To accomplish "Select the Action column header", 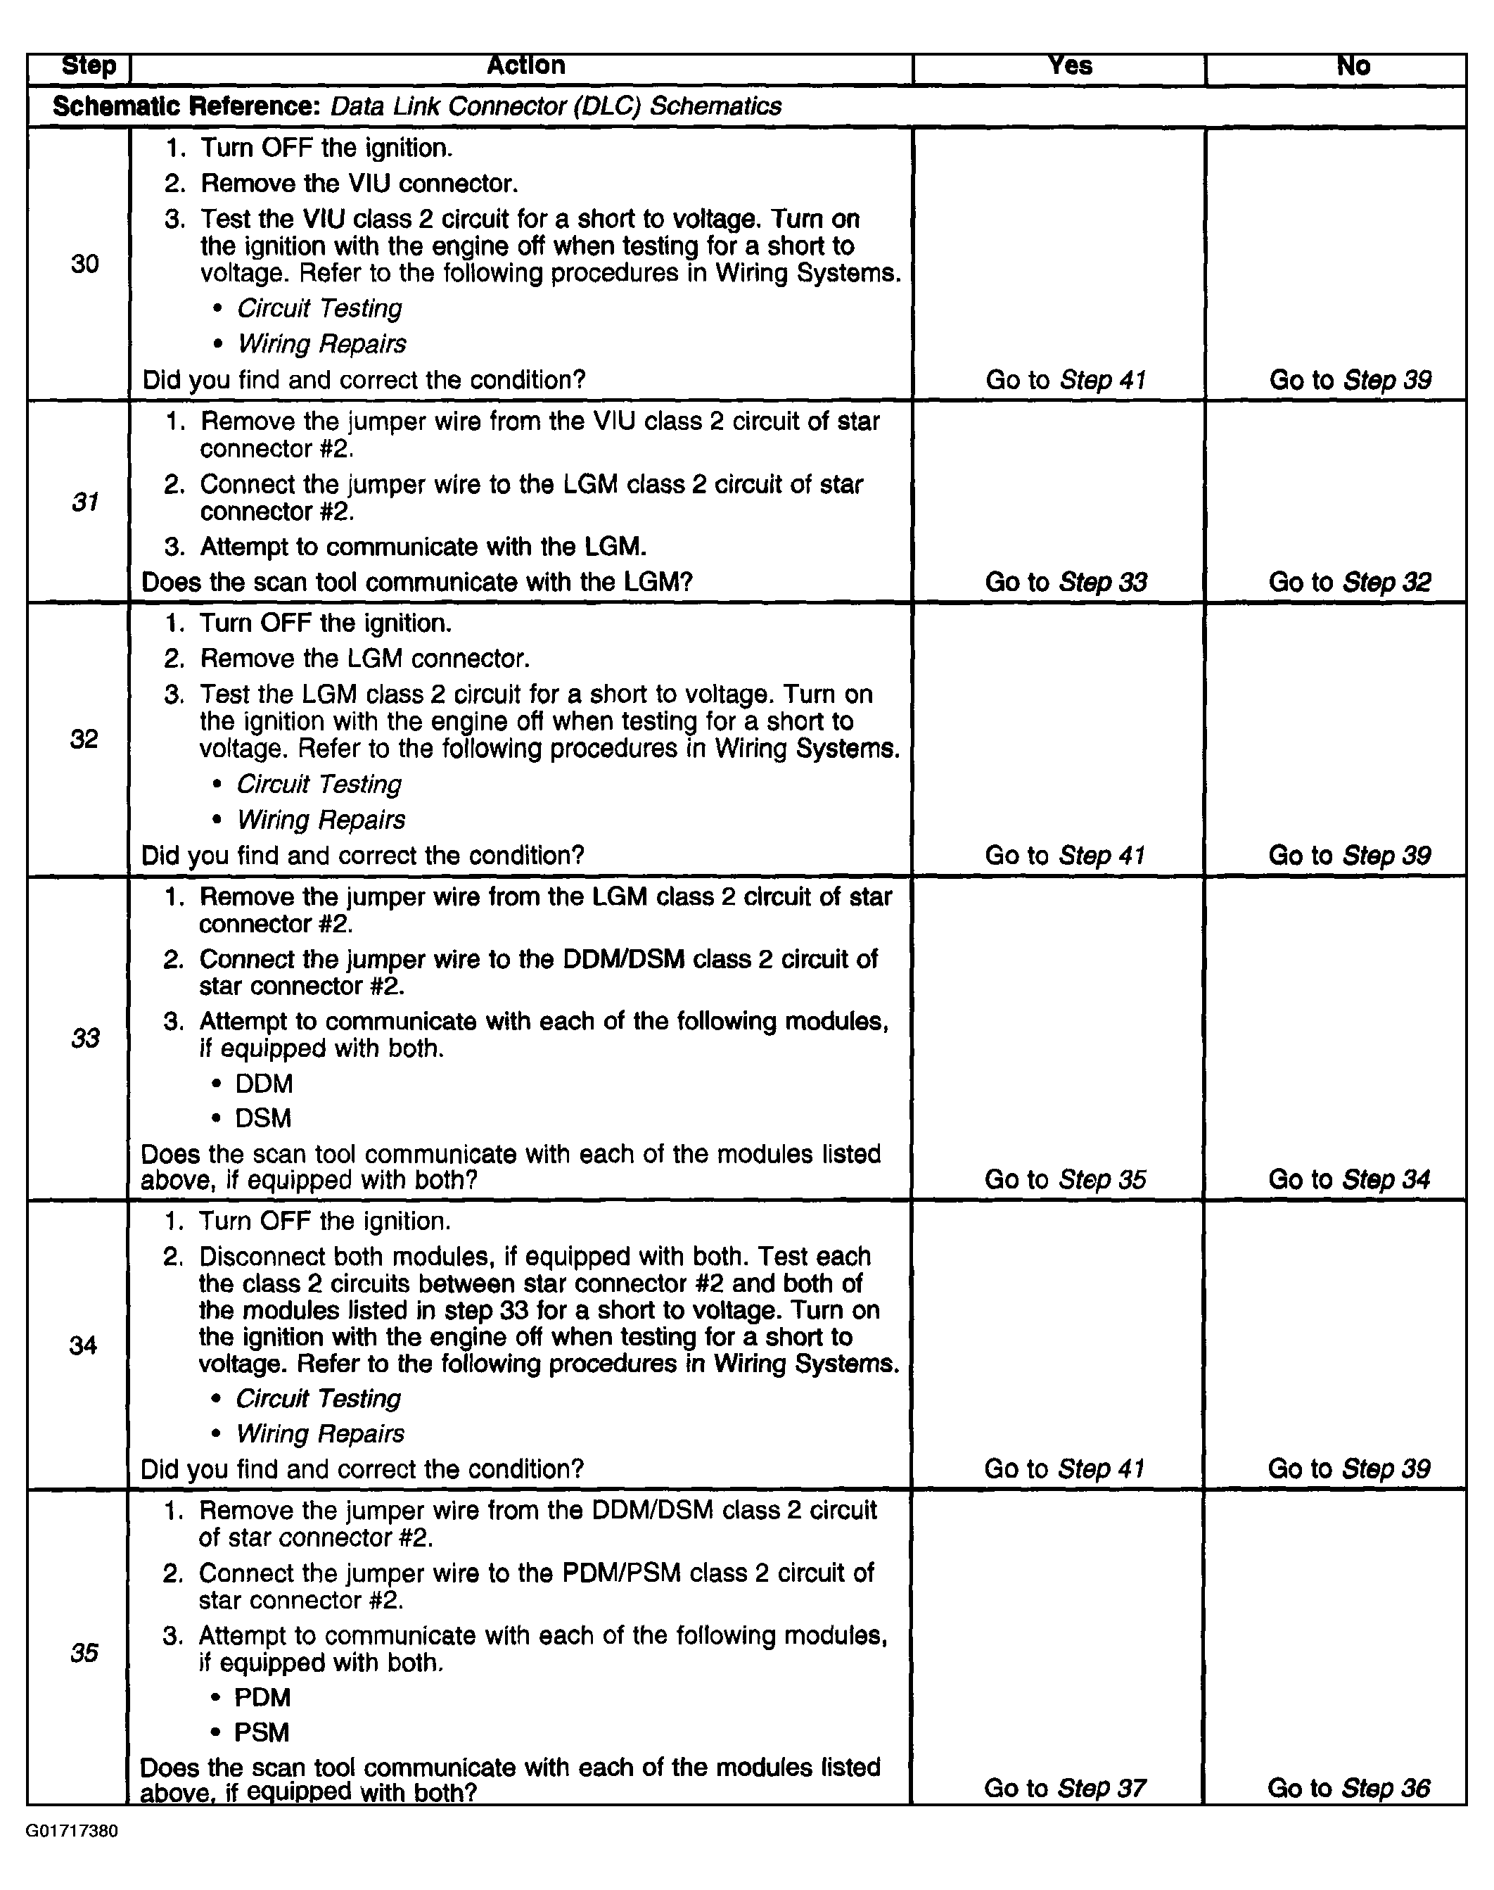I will click(x=525, y=65).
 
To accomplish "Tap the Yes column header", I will click(x=1070, y=65).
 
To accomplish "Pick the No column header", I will click(x=1353, y=65).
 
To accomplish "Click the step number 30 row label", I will click(x=85, y=263).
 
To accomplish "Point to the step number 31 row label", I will click(x=85, y=502).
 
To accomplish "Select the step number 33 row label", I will click(x=85, y=1039).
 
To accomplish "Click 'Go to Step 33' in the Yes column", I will click(x=1066, y=583).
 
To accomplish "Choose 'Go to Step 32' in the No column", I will click(x=1350, y=583).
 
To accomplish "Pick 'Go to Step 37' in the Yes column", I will click(x=1064, y=1789).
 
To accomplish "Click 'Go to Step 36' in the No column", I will click(x=1349, y=1789).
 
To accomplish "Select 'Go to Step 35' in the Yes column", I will click(x=1064, y=1179).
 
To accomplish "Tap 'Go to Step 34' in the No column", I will click(x=1349, y=1179).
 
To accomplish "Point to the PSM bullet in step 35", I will click(x=261, y=1732).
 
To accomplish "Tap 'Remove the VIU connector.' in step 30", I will click(x=359, y=184).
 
